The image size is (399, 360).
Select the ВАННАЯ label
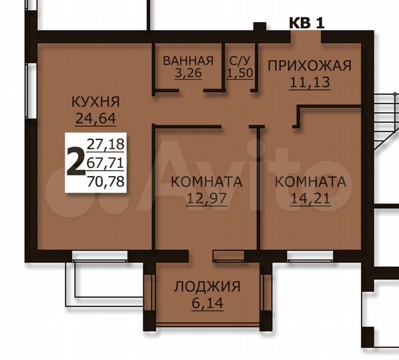188,61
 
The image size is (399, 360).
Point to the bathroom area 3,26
187,73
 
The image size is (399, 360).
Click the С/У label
240,61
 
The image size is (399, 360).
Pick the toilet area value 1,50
240,73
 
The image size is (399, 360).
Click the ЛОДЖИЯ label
207,287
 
